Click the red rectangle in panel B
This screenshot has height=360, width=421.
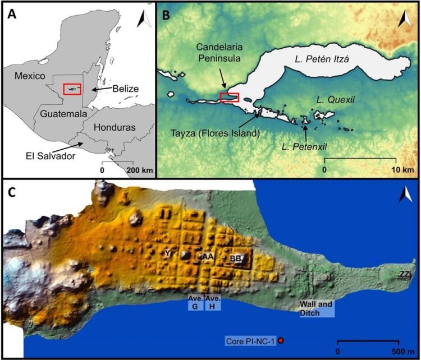coord(230,98)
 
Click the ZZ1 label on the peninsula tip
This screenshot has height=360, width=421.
coord(405,273)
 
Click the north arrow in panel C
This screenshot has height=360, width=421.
coord(404,196)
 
